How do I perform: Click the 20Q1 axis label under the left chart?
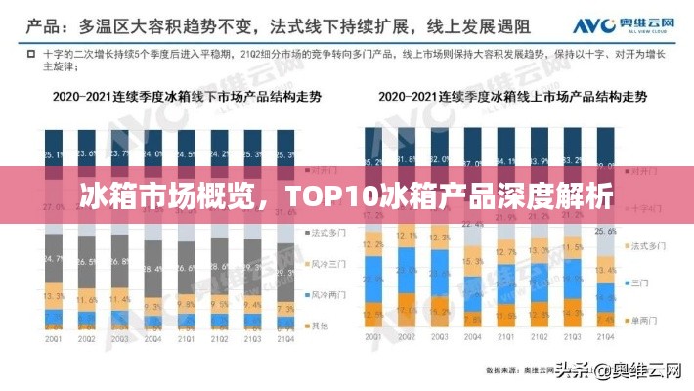pyautogui.click(x=54, y=338)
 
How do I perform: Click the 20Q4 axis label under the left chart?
pyautogui.click(x=152, y=338)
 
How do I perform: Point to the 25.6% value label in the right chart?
pyautogui.click(x=605, y=232)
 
